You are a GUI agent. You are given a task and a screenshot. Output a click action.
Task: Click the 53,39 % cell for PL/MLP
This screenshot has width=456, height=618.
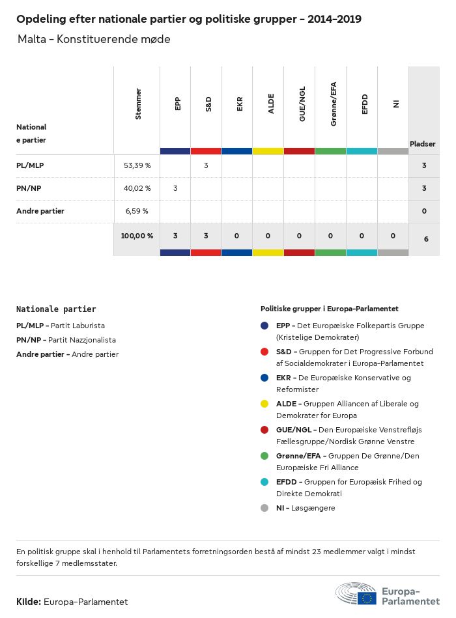[x=137, y=165]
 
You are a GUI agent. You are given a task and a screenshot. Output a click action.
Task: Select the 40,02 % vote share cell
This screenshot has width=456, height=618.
[x=137, y=188]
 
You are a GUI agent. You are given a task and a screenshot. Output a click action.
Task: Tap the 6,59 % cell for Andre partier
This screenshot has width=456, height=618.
[x=137, y=211]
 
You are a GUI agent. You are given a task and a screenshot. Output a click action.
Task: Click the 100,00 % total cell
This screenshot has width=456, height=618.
[x=137, y=236]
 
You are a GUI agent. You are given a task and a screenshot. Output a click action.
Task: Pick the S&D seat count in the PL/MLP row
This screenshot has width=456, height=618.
[x=206, y=165]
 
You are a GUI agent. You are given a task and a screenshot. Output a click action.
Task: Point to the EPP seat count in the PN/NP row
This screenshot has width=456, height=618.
[x=175, y=188]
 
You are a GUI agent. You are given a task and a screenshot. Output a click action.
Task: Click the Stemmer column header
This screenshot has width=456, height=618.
[x=137, y=104]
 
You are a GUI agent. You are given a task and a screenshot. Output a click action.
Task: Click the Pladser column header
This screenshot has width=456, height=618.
[x=423, y=144]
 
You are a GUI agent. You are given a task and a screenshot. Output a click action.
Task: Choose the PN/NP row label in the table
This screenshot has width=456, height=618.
[x=30, y=188]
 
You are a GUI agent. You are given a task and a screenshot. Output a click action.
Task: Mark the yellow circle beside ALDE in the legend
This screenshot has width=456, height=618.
[x=264, y=404]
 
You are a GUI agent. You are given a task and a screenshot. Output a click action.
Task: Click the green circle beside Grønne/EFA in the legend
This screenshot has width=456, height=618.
[x=264, y=456]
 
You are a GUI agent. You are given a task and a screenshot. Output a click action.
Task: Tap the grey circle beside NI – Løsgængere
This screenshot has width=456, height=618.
[x=264, y=508]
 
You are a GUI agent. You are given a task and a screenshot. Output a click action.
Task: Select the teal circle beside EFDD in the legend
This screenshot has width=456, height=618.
[x=264, y=482]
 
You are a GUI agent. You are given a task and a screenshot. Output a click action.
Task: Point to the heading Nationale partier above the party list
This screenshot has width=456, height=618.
[x=56, y=309]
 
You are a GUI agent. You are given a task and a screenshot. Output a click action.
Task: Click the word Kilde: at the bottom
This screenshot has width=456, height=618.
[x=29, y=602]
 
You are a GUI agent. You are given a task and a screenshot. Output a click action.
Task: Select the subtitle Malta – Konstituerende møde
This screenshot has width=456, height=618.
[x=94, y=39]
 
